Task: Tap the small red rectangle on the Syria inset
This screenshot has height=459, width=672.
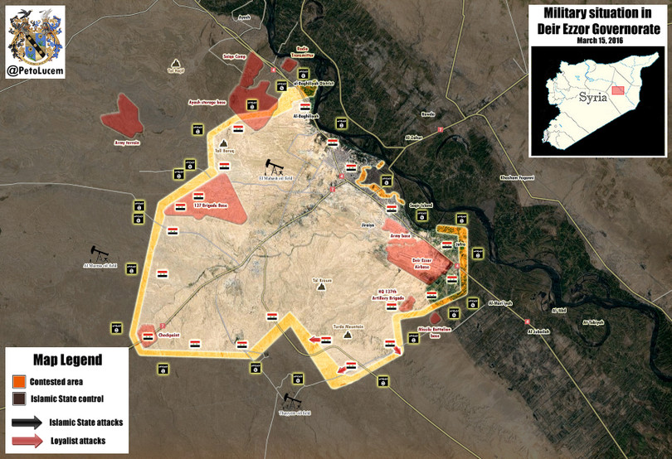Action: [617, 90]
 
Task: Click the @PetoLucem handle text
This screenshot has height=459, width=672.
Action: [36, 72]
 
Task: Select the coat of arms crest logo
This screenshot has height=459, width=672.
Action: [36, 35]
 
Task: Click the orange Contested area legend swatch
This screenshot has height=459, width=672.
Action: [18, 381]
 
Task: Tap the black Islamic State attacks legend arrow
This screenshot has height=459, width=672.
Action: [26, 422]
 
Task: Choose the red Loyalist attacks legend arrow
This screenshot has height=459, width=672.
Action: [26, 441]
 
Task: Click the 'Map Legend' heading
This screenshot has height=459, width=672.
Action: [68, 360]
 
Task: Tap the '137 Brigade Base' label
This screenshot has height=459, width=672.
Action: [210, 205]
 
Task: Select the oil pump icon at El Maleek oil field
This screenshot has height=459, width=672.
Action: [273, 166]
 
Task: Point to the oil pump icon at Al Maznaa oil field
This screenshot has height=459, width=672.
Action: [100, 253]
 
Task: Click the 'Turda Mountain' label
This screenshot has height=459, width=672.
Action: [348, 326]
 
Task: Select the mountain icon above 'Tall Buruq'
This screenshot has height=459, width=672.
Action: [224, 143]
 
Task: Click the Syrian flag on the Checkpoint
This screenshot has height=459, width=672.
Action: [148, 336]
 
